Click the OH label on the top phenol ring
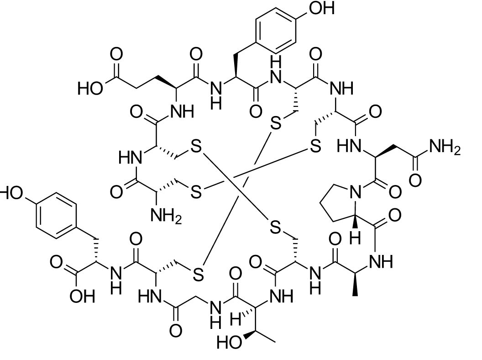point(322,8)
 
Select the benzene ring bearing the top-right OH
point(276,30)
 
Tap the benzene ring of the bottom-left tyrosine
point(57,215)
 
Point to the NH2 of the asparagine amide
point(445,147)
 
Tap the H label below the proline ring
point(355,238)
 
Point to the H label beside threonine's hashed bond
point(236,319)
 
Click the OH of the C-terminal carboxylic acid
point(82,296)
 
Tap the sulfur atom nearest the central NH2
point(196,193)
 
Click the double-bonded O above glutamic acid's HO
point(116,54)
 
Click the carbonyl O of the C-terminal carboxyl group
point(56,262)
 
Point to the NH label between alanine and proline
point(381,262)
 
